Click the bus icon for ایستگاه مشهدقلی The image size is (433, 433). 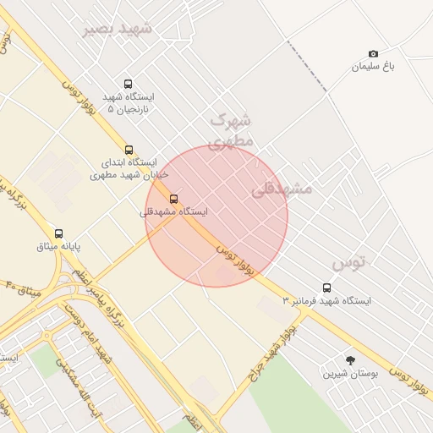174,199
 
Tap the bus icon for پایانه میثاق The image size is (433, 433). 58,233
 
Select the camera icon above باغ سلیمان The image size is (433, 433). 374,54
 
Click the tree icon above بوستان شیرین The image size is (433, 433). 351,360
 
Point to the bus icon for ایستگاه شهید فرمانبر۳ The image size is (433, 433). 327,288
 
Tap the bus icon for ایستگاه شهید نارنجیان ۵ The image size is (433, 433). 128,84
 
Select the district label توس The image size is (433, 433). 349,263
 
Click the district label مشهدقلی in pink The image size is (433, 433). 282,189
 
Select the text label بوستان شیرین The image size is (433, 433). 350,373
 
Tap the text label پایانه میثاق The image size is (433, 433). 58,246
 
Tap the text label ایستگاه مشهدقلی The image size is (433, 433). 174,211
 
